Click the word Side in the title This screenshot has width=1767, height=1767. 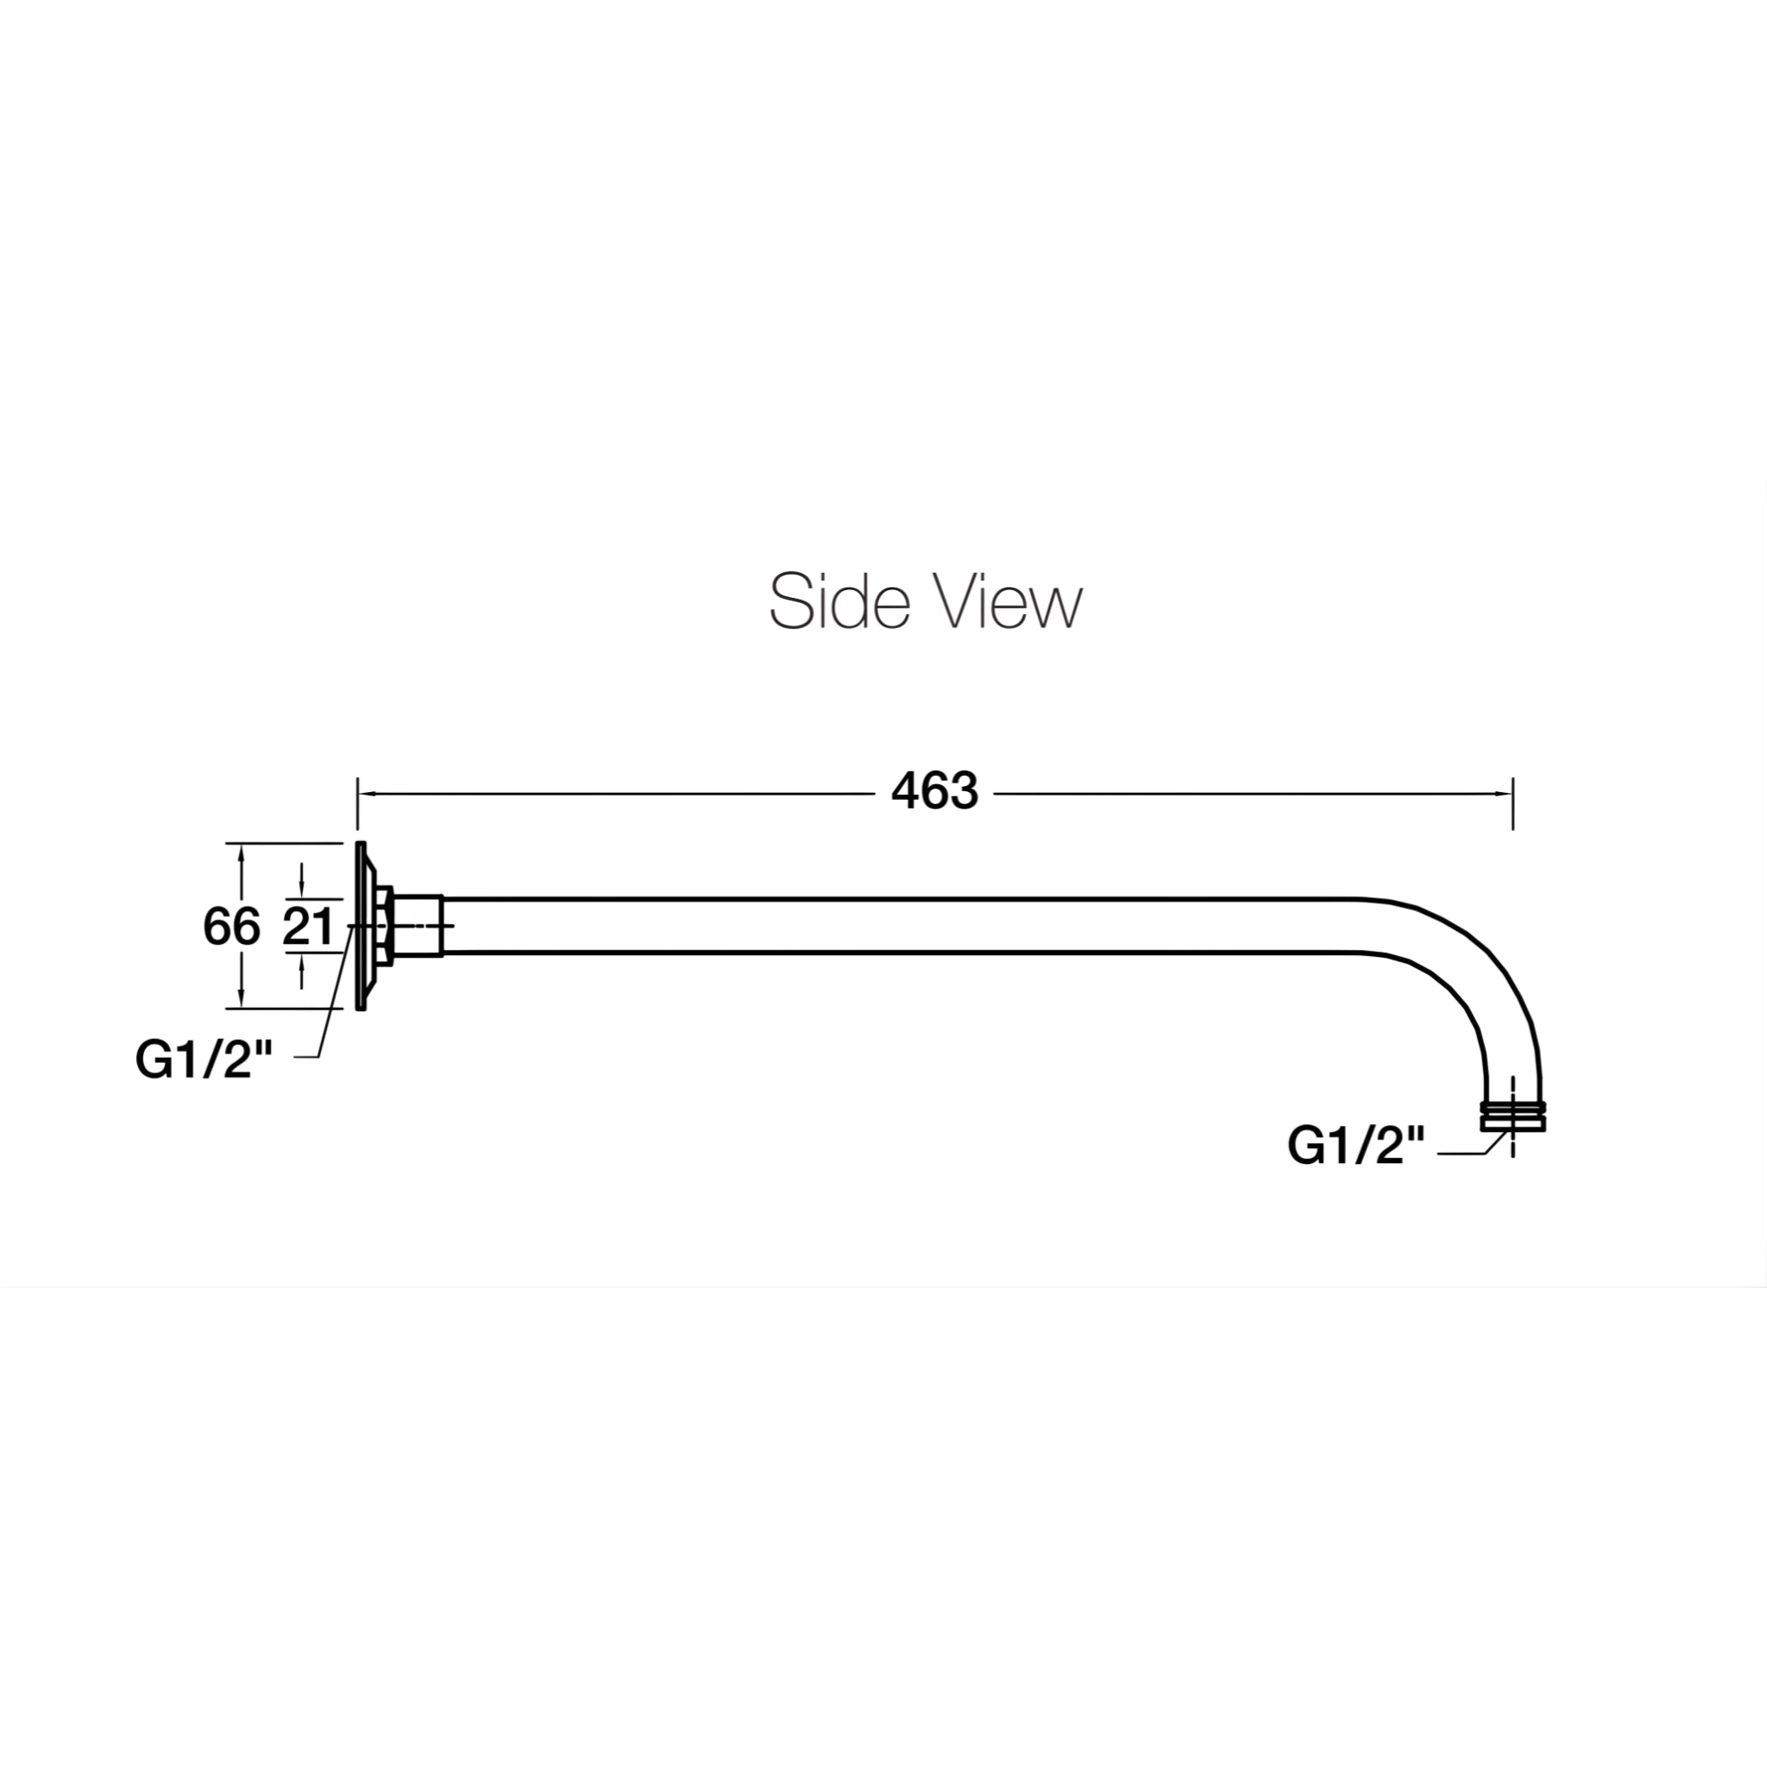[839, 602]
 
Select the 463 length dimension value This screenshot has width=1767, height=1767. [934, 792]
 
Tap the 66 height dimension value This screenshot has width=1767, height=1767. [231, 928]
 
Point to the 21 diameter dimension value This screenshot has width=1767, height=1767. [308, 928]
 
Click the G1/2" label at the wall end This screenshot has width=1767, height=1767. [204, 1061]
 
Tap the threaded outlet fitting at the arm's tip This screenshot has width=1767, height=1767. [1512, 1116]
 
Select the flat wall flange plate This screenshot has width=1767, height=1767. [361, 926]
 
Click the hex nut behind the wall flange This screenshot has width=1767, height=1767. [384, 926]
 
